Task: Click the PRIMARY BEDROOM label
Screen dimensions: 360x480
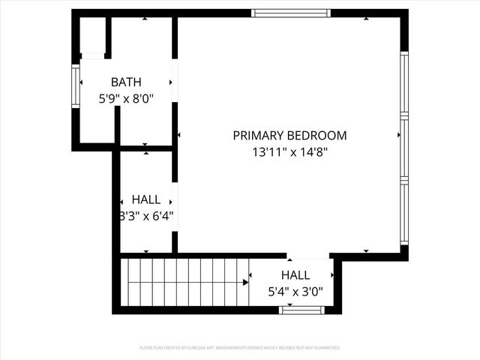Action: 289,136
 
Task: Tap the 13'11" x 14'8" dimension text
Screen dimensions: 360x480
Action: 289,151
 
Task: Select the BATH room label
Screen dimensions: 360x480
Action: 126,82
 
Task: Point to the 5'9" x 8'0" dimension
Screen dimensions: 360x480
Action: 126,97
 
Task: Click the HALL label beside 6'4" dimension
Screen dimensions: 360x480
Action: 145,199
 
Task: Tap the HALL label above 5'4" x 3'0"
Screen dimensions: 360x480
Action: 295,275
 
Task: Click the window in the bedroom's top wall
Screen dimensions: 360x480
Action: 290,13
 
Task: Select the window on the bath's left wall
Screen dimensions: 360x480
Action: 75,86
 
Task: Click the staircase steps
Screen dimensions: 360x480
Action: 184,282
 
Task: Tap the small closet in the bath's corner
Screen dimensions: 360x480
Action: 92,36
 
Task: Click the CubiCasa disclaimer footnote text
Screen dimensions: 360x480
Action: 240,348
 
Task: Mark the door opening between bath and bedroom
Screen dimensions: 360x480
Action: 175,82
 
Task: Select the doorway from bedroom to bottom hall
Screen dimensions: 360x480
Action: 308,256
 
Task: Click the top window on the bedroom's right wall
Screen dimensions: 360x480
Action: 404,82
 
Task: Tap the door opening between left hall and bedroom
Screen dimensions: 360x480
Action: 175,206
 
